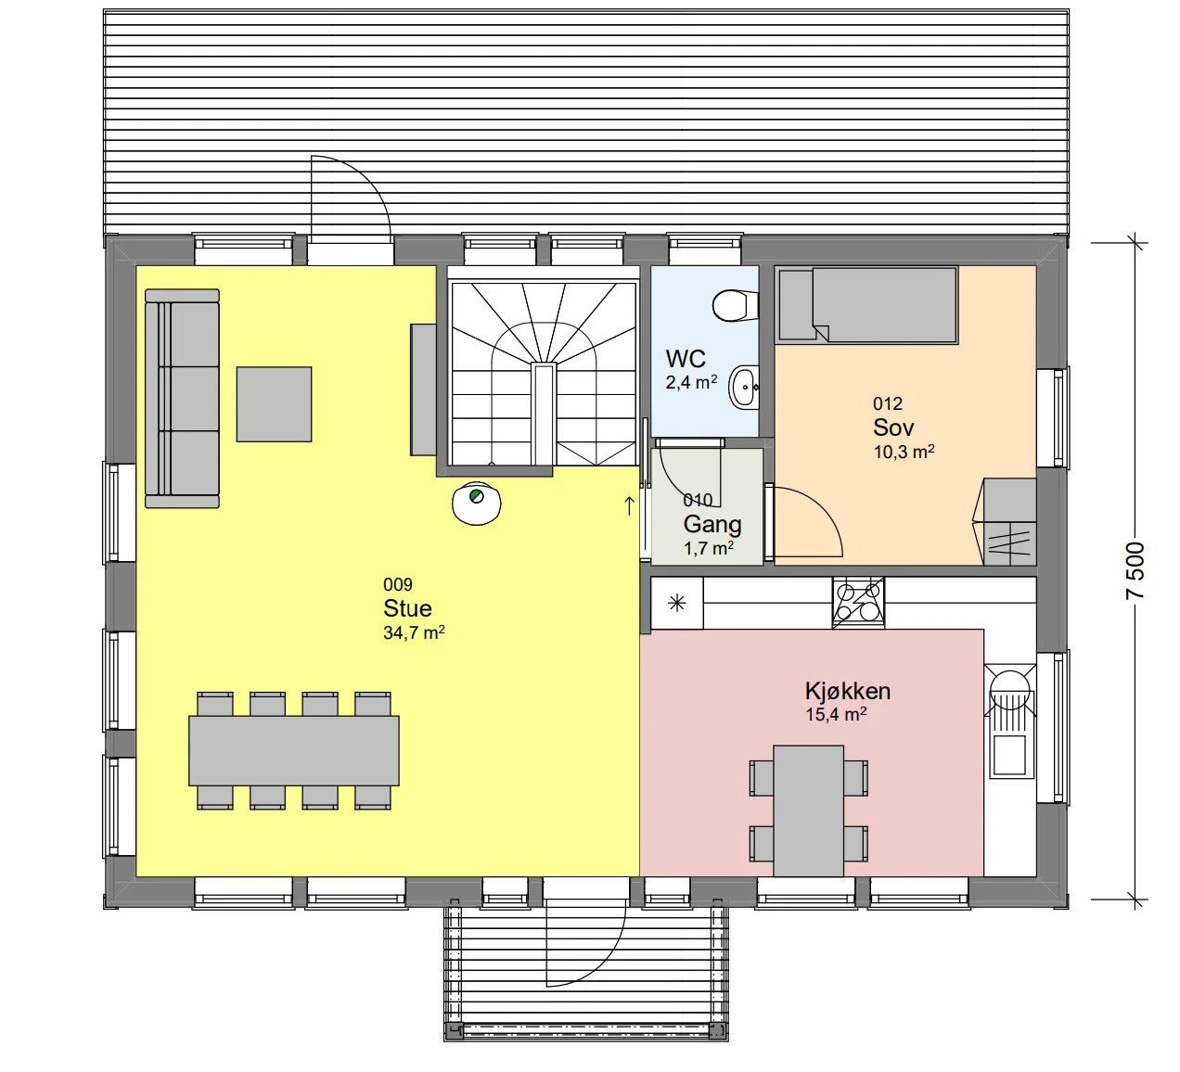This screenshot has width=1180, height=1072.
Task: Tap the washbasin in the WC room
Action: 744,387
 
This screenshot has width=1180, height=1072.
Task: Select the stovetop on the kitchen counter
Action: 858,602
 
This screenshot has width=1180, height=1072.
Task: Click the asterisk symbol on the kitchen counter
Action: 677,603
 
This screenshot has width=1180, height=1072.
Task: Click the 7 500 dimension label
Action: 1135,569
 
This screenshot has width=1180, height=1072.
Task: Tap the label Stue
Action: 407,607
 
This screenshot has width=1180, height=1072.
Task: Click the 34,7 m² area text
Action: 414,632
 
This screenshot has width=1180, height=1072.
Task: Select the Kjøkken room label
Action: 847,690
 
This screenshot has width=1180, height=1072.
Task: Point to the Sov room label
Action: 893,428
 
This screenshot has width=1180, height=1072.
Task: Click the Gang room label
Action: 712,524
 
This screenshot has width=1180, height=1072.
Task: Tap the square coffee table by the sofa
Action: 274,404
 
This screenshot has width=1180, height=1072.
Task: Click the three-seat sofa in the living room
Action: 182,398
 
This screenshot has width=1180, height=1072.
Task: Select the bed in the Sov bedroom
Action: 867,304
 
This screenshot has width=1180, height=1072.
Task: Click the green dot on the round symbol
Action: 475,495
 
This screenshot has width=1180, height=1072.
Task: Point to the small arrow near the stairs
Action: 629,505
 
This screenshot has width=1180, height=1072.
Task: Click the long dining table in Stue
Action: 293,750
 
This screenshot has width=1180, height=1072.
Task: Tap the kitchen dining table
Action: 808,810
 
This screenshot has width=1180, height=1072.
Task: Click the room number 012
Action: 887,403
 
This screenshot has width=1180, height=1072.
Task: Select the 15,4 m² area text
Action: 836,714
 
